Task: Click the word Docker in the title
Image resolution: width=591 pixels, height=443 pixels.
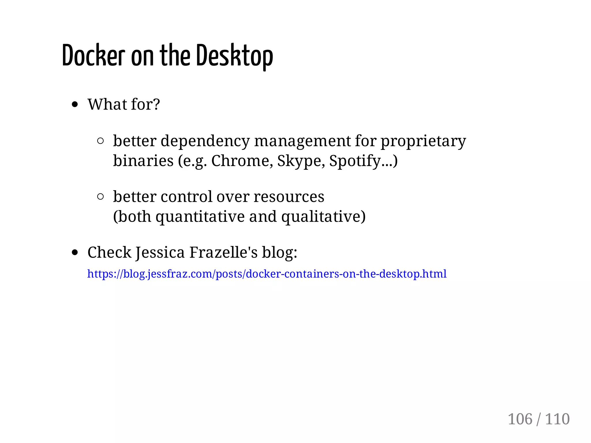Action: pos(93,56)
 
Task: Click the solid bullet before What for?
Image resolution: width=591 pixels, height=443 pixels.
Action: pos(75,105)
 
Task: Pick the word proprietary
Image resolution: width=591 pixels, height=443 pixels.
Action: pos(423,142)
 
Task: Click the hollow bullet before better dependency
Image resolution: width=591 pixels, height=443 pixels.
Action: pos(100,141)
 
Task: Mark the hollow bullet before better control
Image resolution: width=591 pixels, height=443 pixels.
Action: pos(100,197)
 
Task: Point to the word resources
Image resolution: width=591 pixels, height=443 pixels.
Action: pos(289,197)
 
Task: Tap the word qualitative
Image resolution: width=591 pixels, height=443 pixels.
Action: pos(321,217)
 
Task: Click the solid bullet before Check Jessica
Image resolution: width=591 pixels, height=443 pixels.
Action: pos(75,253)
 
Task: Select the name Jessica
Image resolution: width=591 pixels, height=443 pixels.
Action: pos(160,253)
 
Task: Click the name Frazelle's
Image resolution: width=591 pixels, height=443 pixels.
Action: pos(223,252)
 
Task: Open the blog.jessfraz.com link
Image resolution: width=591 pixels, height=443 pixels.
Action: pos(267,274)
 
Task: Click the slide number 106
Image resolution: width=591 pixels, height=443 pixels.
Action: pos(520,419)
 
